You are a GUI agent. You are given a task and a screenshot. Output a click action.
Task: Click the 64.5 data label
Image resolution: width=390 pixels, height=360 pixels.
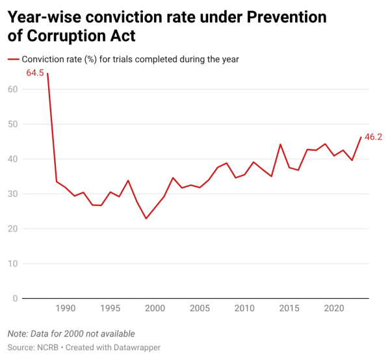(x=35, y=73)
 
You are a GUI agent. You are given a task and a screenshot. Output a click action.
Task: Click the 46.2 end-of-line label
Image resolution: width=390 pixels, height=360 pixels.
(x=373, y=137)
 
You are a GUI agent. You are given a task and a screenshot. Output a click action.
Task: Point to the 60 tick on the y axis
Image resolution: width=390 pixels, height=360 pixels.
(x=12, y=89)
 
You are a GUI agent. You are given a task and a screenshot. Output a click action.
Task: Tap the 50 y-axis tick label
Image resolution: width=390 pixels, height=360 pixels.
(x=12, y=124)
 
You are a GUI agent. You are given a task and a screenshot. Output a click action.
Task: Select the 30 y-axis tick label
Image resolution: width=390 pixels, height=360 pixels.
(x=12, y=194)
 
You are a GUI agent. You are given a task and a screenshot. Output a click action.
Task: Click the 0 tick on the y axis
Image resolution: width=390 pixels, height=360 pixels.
(x=15, y=298)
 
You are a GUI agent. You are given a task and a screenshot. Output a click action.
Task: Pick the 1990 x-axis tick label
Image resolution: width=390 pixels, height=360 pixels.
(x=65, y=308)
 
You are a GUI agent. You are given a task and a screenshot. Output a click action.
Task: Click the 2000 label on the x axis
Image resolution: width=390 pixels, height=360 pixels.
(x=155, y=308)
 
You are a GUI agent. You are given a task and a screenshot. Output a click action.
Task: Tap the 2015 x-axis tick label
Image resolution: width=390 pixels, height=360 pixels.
(x=289, y=308)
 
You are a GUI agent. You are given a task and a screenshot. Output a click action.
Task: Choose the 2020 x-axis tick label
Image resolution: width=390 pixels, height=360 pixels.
(x=334, y=308)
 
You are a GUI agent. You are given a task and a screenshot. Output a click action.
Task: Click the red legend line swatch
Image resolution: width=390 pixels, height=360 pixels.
(x=13, y=59)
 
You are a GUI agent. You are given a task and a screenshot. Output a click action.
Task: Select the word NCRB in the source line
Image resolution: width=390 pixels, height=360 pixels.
(x=50, y=348)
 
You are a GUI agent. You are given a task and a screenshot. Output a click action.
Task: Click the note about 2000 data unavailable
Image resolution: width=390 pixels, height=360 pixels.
(x=71, y=333)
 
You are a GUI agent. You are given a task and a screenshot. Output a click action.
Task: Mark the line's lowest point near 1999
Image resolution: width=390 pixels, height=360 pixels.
(x=146, y=218)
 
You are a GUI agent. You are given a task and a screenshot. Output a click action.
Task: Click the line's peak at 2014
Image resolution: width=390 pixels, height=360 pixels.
(x=280, y=144)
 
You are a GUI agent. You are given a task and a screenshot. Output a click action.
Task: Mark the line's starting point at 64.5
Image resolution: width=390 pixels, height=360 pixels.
(x=47, y=73)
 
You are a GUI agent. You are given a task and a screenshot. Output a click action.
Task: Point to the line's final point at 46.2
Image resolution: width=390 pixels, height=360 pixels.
(x=361, y=137)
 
